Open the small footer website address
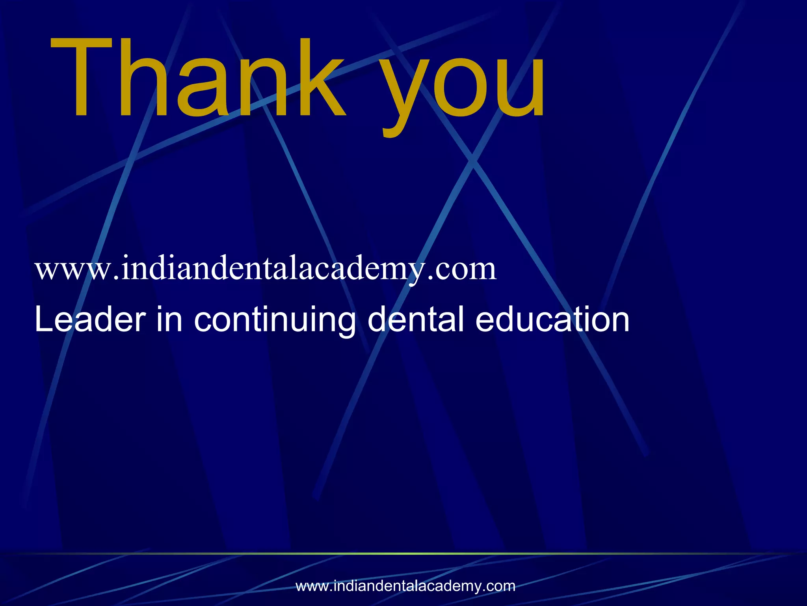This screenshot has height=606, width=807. click(405, 586)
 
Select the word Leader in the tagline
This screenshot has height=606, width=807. click(90, 319)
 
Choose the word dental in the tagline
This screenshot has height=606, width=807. click(416, 319)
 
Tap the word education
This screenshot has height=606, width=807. click(552, 319)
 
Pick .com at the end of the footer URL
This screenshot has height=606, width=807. click(498, 586)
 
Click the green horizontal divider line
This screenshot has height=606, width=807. click(403, 554)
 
